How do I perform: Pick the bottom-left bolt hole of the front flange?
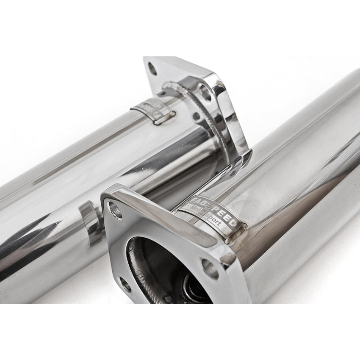125,284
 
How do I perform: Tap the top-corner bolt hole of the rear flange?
152,69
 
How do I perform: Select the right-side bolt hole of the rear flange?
205,93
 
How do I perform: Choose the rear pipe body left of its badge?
85,140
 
